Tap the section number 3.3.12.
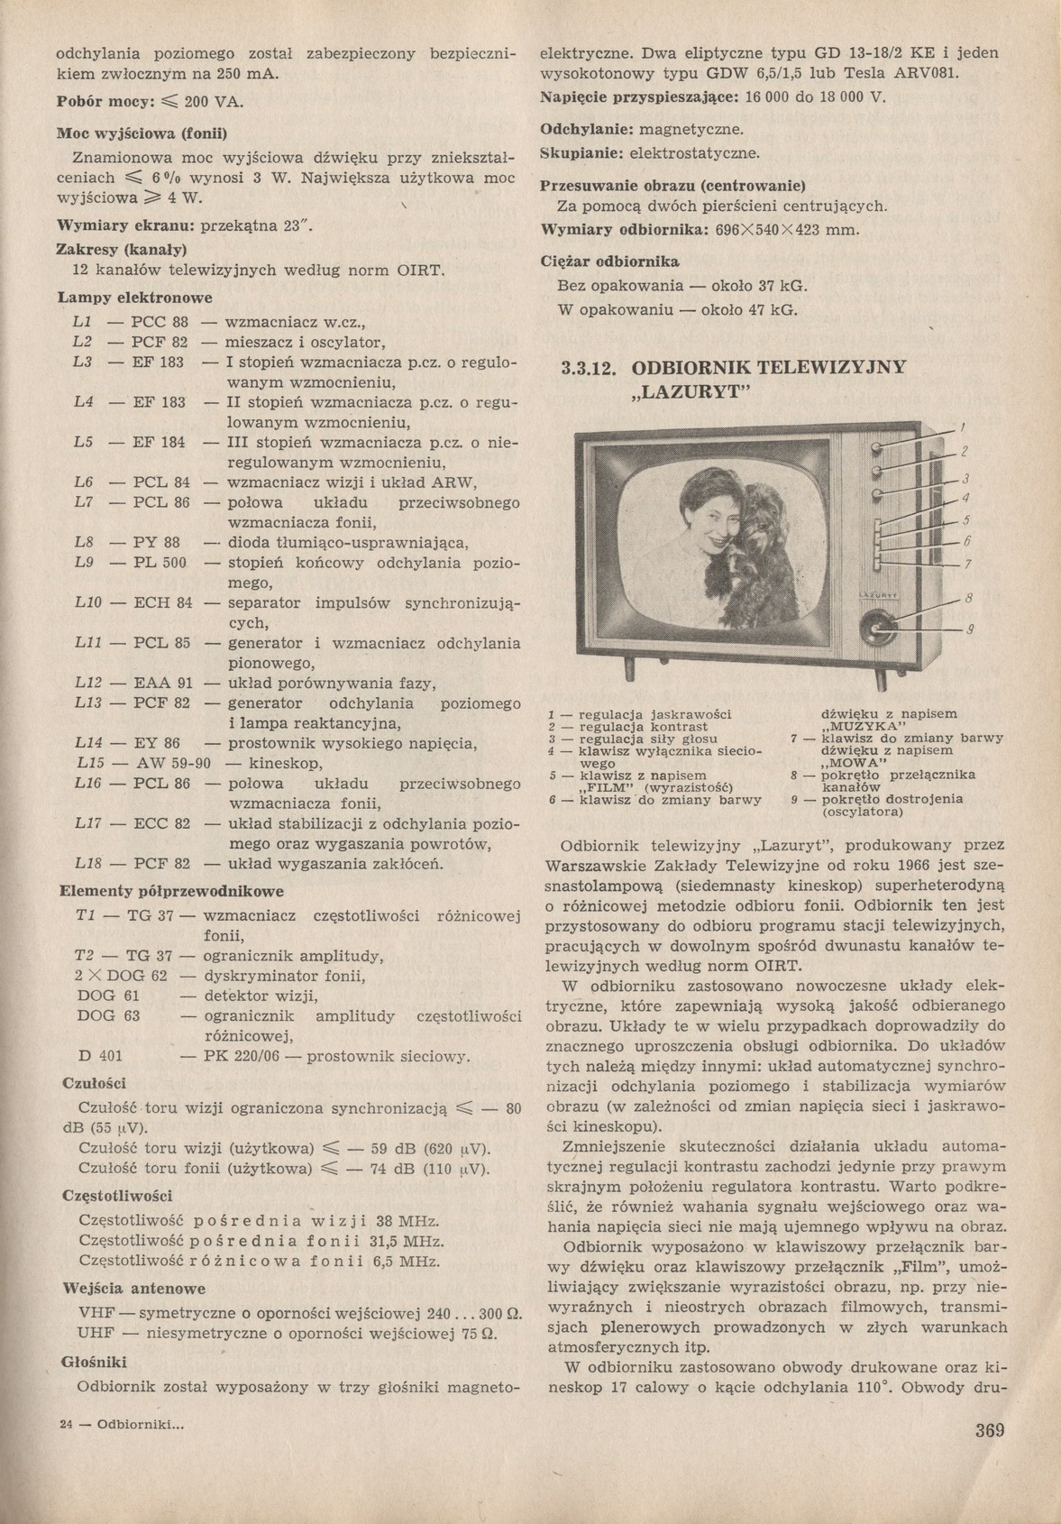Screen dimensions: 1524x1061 [x=588, y=369]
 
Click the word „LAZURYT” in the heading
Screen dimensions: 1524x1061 [x=686, y=393]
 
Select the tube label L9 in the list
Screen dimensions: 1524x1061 [x=84, y=564]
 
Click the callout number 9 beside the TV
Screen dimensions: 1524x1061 [x=971, y=629]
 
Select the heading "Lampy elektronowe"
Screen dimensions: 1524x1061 [x=135, y=298]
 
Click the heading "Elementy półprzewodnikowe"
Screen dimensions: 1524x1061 [x=171, y=892]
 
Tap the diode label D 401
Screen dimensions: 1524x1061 [x=100, y=1056]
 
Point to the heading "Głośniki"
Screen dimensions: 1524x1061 [x=94, y=1363]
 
